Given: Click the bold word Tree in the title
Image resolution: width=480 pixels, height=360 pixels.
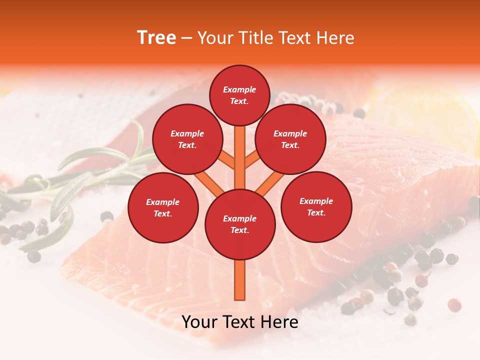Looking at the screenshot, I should click(156, 38).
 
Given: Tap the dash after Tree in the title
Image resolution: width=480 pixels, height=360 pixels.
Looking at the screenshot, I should click(187, 38).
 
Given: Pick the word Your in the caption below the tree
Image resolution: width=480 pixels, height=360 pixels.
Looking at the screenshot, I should click(200, 322).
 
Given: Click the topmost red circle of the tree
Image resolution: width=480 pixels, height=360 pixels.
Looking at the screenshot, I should click(239, 95).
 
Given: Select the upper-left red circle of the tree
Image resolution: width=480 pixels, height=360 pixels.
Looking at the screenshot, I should click(187, 139).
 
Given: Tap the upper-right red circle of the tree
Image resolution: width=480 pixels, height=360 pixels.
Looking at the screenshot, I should click(290, 139).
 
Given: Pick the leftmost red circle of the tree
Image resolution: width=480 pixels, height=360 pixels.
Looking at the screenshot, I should click(163, 207).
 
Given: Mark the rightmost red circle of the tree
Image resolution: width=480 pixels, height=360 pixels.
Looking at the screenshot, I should click(316, 206).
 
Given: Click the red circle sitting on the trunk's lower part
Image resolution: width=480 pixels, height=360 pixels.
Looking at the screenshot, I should click(240, 224).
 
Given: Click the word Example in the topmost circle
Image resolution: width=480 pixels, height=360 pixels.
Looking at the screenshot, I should click(239, 89).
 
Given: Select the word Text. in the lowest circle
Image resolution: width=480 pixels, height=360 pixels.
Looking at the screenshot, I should click(239, 230).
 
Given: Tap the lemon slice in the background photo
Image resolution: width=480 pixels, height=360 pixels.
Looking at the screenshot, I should click(425, 115).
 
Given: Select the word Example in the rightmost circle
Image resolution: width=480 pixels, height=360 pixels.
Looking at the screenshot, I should click(316, 201).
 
